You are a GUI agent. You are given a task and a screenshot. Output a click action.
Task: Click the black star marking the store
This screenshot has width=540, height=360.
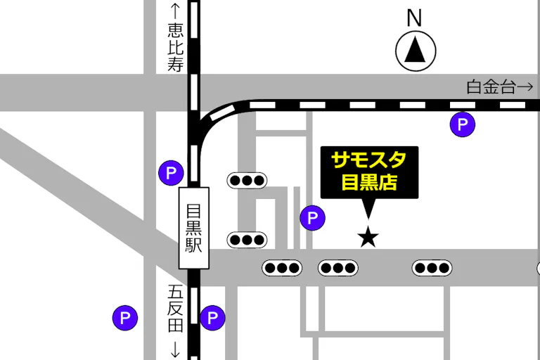368,237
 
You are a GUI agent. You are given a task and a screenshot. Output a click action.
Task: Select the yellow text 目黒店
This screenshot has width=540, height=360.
369,182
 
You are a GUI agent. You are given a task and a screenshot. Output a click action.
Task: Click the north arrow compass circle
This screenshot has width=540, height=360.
416,51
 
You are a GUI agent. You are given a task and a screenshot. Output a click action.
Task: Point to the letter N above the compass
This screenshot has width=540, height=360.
415,17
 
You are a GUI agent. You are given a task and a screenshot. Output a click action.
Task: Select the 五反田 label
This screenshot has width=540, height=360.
174,308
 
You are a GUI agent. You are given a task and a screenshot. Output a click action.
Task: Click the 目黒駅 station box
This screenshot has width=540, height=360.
194,227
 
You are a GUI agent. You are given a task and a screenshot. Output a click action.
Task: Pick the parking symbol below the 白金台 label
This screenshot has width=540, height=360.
463,124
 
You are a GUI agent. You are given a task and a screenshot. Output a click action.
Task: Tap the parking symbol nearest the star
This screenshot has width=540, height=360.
313,218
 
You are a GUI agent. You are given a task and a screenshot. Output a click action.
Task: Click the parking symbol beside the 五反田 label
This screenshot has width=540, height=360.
212,318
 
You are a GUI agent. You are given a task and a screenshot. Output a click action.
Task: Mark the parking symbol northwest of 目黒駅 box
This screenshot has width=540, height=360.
171,172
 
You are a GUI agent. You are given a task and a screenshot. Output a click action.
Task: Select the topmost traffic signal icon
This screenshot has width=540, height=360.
247,180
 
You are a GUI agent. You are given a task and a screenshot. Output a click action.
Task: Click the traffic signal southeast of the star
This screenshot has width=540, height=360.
431,268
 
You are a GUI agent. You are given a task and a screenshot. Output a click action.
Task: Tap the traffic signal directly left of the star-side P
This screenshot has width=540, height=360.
247,240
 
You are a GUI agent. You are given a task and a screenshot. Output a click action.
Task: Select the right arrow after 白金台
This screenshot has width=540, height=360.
525,87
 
